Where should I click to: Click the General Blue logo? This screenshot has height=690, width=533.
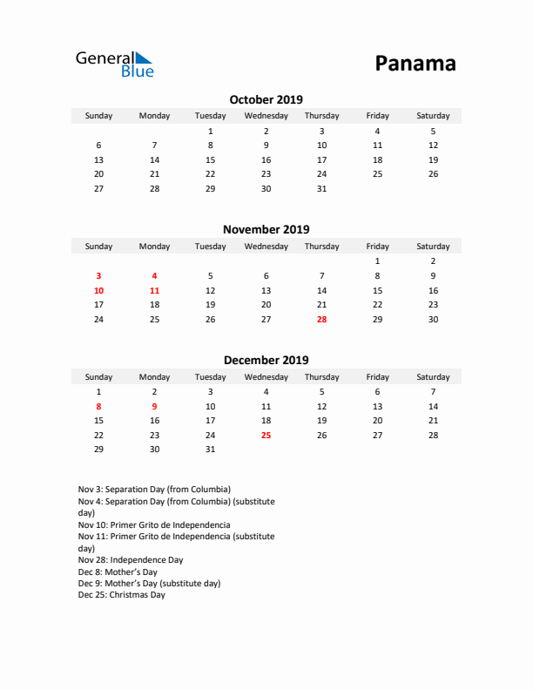tap(114, 64)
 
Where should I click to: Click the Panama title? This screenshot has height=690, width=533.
tap(415, 64)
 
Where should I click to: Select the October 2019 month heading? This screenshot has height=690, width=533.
tap(266, 99)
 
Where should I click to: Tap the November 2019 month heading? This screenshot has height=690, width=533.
tap(266, 230)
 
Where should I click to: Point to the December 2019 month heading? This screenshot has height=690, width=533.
tap(266, 360)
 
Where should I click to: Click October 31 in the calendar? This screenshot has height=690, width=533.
tap(321, 188)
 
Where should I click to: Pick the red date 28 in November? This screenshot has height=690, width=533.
tap(321, 319)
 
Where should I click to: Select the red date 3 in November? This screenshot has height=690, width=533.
tap(98, 274)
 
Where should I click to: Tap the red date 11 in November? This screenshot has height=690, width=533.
tap(154, 289)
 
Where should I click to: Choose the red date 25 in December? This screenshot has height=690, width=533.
tap(266, 435)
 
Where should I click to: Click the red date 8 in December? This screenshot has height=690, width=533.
tap(98, 405)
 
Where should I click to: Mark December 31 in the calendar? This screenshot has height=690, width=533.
tap(210, 450)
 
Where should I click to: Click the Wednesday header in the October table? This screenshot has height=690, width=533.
tap(266, 116)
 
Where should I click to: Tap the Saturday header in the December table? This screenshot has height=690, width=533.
tap(433, 377)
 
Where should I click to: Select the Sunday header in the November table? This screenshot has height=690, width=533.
tap(98, 247)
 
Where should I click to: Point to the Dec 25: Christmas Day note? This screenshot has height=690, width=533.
tap(121, 595)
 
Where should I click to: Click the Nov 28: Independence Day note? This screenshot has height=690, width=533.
tap(131, 560)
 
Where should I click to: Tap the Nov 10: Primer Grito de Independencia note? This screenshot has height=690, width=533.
tap(154, 525)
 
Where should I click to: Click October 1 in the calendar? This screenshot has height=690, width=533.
tap(210, 131)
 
